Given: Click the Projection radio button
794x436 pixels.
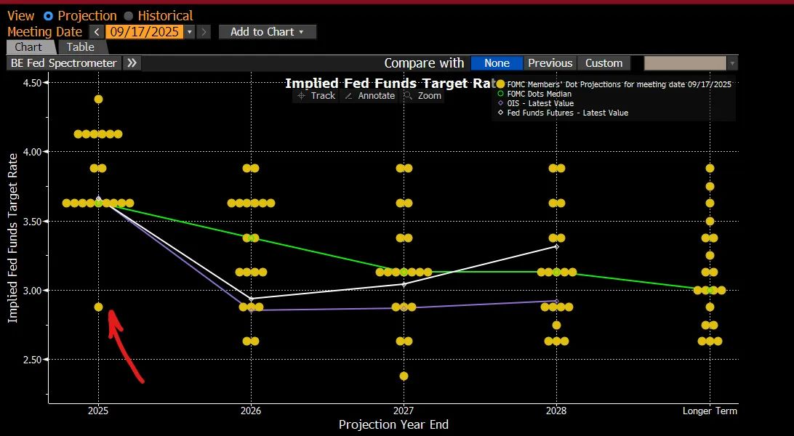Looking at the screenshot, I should [x=48, y=15].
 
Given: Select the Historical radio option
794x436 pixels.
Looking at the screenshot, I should [x=129, y=15].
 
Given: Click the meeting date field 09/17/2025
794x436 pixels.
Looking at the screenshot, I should [x=145, y=32].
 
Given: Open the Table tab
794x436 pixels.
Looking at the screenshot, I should [x=80, y=47].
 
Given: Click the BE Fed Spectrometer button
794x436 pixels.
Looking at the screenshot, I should [x=64, y=63].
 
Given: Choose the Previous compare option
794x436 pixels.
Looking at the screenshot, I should [x=550, y=63].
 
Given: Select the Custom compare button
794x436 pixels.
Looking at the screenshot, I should [x=603, y=63].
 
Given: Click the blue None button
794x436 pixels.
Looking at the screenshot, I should [x=497, y=63].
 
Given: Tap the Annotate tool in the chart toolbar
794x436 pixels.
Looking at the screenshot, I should [x=370, y=96].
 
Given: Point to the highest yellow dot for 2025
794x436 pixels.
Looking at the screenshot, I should [x=98, y=99].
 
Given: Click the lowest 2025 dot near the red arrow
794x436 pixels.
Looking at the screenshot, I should [x=98, y=307].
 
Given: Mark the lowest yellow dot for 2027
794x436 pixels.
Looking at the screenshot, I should [x=404, y=376].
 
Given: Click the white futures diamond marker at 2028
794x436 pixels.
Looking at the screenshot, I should [x=556, y=246].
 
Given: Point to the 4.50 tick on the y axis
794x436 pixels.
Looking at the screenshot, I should [x=31, y=83].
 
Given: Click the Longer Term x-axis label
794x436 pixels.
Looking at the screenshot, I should [x=709, y=411].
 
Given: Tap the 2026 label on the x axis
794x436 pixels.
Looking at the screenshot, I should [x=251, y=411].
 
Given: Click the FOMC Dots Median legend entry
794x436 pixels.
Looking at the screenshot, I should [x=539, y=94].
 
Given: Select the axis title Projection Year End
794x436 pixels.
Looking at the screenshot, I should [x=393, y=424].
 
